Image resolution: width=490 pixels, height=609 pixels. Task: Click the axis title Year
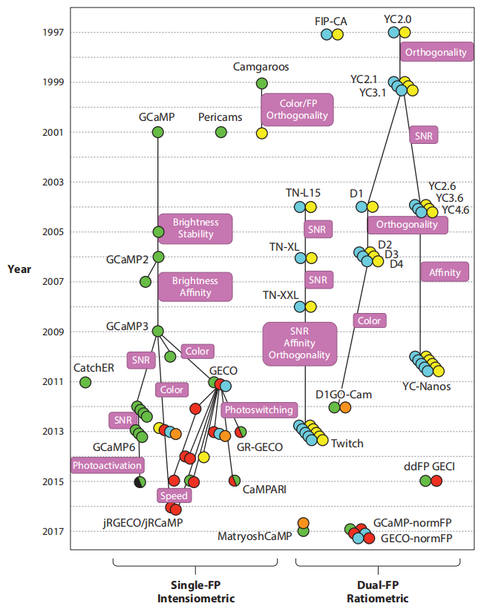coord(19,269)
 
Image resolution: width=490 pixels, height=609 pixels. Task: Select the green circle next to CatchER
coord(85,382)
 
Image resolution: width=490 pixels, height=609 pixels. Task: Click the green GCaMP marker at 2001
coord(157,132)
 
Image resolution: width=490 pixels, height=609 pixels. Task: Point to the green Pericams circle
coord(220,132)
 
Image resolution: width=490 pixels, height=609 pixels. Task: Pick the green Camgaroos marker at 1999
coord(261,83)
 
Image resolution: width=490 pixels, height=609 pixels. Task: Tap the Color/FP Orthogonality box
coord(297,109)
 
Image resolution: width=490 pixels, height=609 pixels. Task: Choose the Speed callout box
coord(172,496)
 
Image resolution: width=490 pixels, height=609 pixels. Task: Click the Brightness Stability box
coord(195,228)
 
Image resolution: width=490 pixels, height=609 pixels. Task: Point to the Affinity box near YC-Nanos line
coord(445,272)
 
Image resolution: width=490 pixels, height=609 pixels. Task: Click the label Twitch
coord(347,444)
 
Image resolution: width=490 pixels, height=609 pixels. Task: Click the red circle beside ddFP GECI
coord(437,481)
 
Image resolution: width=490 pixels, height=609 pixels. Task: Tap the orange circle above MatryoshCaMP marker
coord(303,523)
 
